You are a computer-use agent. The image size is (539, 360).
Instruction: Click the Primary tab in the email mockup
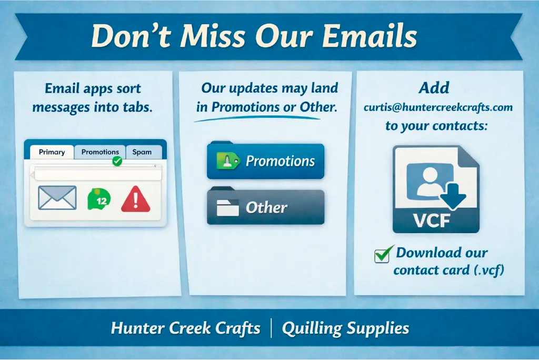click(x=52, y=152)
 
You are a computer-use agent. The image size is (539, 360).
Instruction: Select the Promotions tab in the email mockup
click(x=100, y=152)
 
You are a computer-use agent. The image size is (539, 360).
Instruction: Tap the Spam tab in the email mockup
click(x=142, y=152)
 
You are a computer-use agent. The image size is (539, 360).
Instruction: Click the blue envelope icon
click(x=57, y=198)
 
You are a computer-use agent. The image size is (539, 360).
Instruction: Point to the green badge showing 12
click(x=99, y=199)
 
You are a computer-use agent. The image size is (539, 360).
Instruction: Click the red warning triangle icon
click(x=136, y=199)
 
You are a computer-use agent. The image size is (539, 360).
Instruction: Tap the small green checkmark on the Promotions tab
click(x=117, y=161)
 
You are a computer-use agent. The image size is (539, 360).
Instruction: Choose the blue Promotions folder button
click(x=265, y=161)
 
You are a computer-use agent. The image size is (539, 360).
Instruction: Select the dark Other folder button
click(x=265, y=207)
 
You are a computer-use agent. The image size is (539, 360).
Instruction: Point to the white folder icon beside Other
click(x=228, y=208)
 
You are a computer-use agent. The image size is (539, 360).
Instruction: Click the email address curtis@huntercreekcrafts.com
click(x=437, y=107)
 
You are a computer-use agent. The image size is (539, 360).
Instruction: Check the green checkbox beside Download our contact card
click(x=382, y=255)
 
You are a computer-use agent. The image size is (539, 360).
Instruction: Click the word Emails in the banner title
click(x=370, y=36)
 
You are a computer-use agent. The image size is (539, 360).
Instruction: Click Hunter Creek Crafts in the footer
click(x=186, y=329)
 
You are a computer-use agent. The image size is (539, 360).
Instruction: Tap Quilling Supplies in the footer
click(x=345, y=329)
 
